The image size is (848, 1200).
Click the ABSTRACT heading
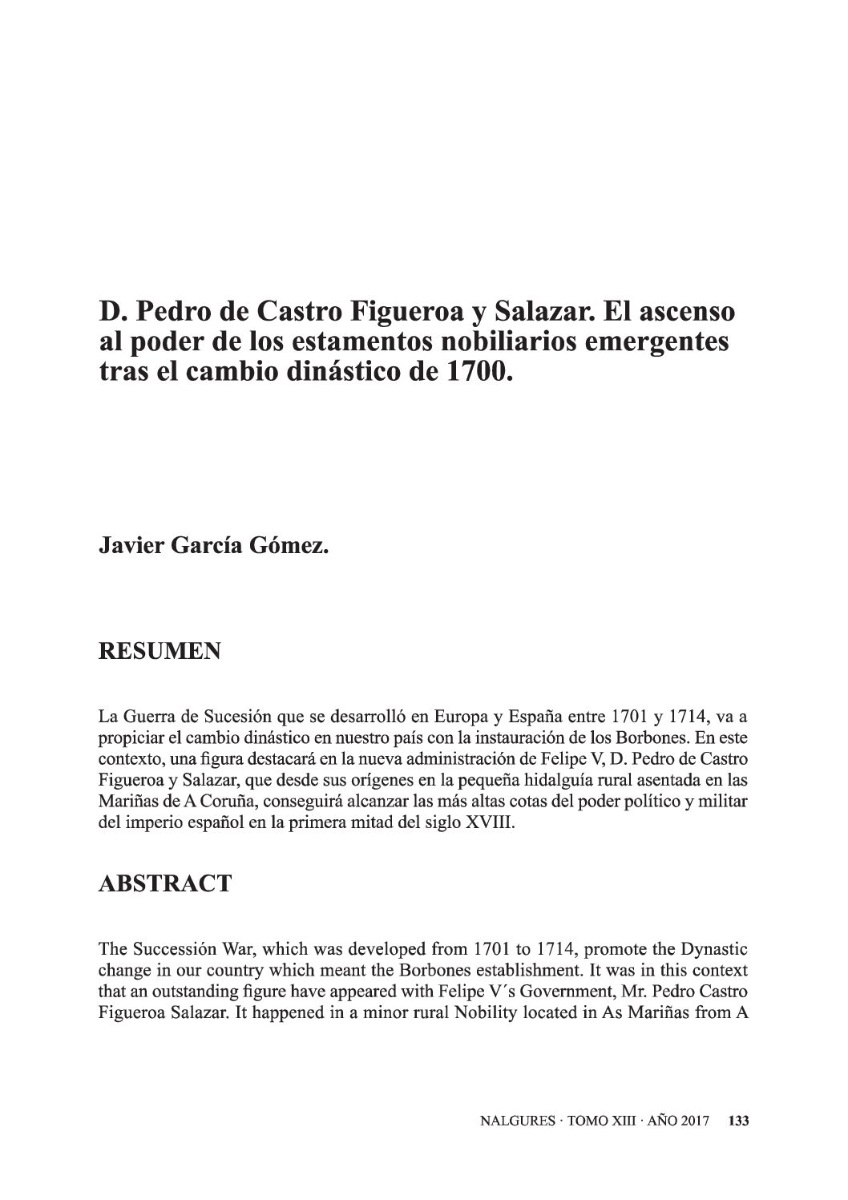pyautogui.click(x=164, y=883)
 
